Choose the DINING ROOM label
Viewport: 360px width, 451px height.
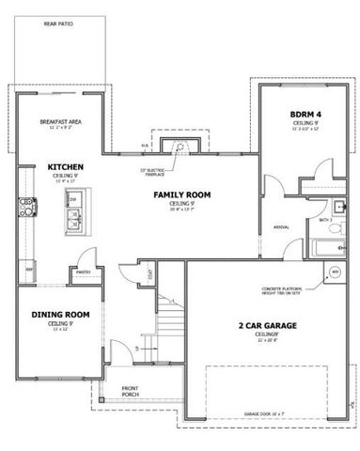pos(60,315)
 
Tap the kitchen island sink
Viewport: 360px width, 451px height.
pos(71,220)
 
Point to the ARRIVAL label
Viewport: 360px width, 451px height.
pos(280,227)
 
